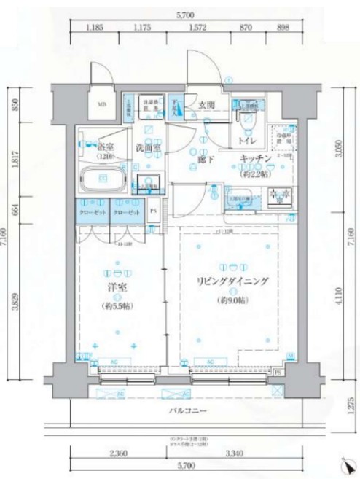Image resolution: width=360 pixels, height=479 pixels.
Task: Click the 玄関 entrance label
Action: coord(206,105)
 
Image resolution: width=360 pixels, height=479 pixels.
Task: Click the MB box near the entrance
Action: coord(102,104)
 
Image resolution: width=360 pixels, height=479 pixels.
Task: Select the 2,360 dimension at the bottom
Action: coord(117,455)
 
